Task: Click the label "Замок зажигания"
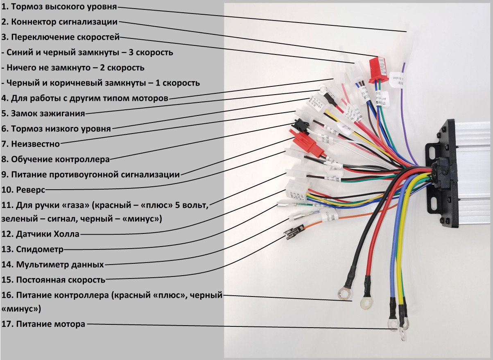pyautogui.click(x=48, y=113)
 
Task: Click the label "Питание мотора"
pyautogui.click(x=49, y=324)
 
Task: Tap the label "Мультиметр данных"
pyautogui.click(x=60, y=264)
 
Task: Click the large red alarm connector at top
pyautogui.click(x=379, y=68)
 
